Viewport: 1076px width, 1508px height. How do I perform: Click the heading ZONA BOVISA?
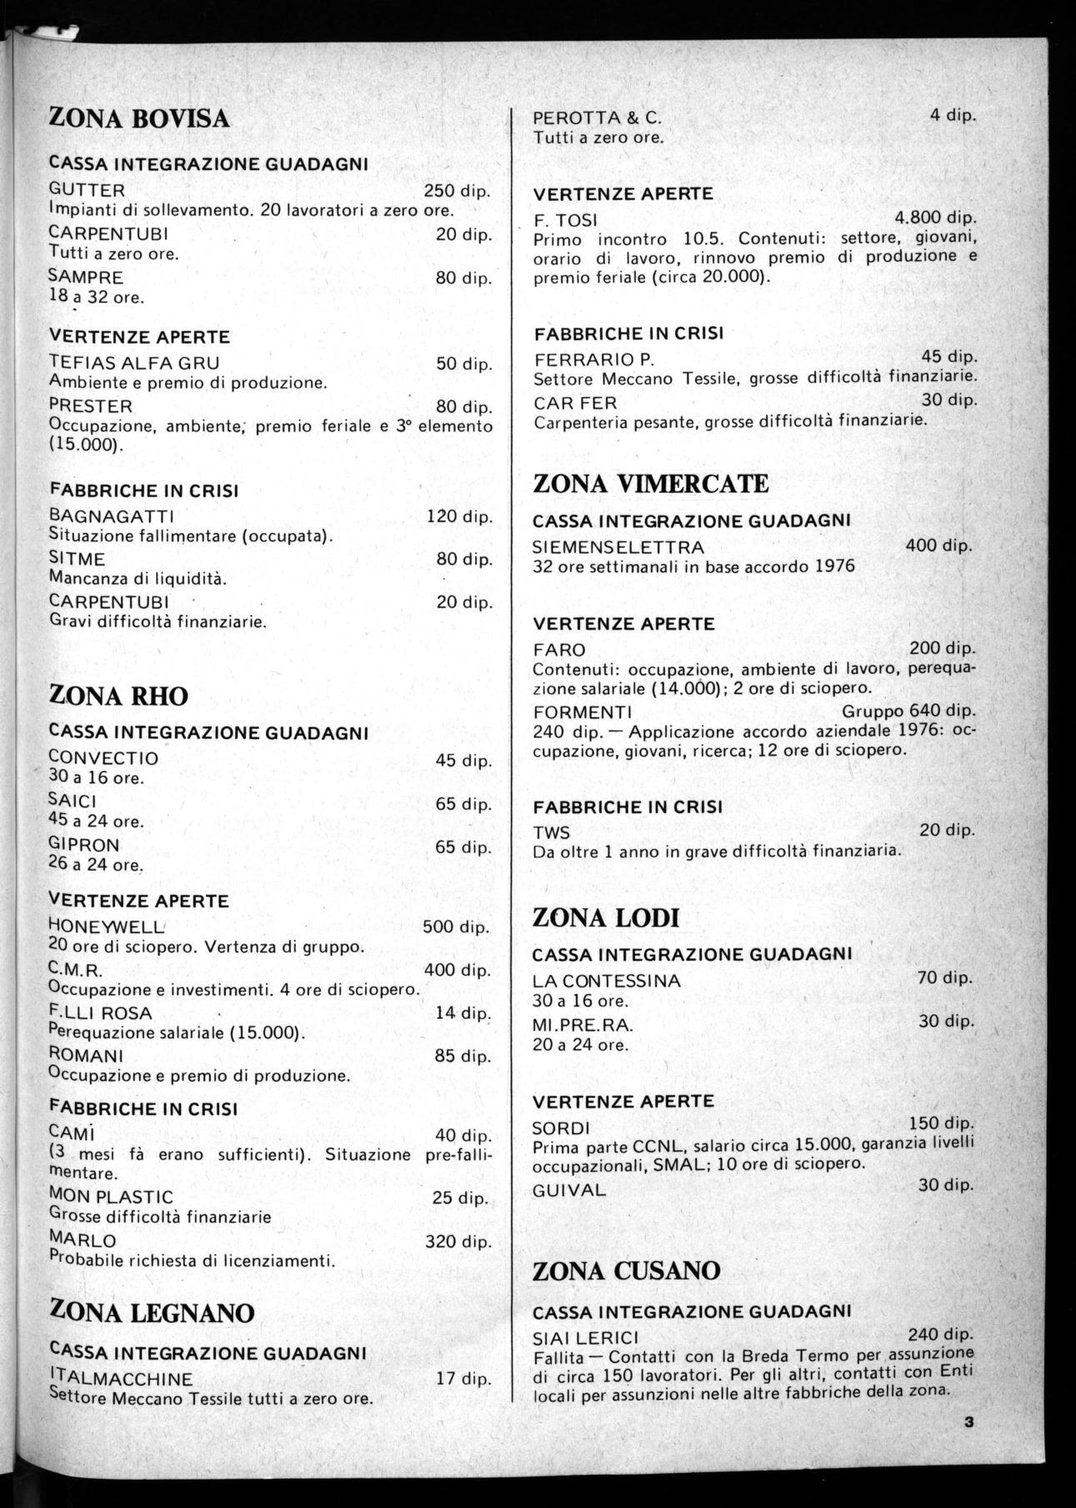[139, 118]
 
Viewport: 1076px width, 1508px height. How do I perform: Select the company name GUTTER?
[87, 190]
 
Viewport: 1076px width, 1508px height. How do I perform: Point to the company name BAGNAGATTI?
[112, 516]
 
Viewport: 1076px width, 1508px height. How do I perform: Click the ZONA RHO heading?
[119, 696]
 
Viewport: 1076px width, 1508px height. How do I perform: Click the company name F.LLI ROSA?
[100, 1013]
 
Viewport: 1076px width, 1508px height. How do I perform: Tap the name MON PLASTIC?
[111, 1197]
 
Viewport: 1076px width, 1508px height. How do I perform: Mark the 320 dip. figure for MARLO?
[458, 1241]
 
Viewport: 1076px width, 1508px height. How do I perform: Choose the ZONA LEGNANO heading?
[152, 1314]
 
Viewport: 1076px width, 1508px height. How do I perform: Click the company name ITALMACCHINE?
[121, 1379]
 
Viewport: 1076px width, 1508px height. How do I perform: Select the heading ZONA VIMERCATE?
[650, 484]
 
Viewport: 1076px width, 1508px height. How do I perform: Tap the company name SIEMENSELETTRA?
[618, 547]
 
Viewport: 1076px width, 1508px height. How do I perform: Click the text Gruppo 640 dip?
[908, 711]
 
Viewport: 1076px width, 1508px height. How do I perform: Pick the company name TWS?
[551, 832]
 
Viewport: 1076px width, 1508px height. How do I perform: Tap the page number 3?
[968, 1423]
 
